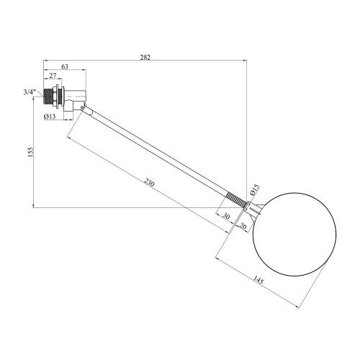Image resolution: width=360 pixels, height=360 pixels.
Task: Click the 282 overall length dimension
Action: [x=145, y=58]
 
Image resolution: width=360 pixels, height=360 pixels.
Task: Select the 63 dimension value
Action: [x=65, y=66]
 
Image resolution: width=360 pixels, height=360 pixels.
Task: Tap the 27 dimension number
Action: [x=53, y=76]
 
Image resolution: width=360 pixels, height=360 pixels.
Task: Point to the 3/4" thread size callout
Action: [x=30, y=92]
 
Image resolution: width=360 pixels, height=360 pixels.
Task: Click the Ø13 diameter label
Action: [x=50, y=117]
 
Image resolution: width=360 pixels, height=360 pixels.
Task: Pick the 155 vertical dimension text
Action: [x=30, y=152]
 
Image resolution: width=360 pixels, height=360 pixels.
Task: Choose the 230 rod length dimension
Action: [x=149, y=183]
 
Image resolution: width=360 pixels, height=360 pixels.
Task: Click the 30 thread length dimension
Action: [x=226, y=216]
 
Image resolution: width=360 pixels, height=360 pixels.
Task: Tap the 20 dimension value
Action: [x=243, y=226]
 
